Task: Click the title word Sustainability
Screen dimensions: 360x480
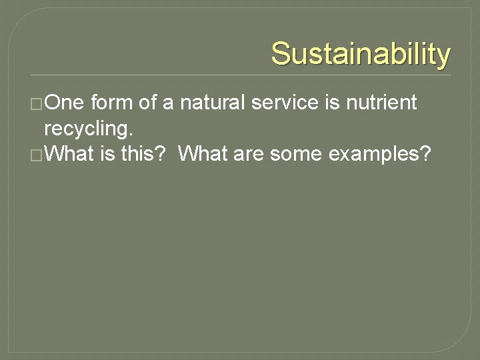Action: pyautogui.click(x=361, y=54)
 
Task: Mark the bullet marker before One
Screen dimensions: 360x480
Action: pyautogui.click(x=39, y=104)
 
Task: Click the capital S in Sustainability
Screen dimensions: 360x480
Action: pyautogui.click(x=281, y=54)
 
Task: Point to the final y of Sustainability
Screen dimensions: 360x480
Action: pyautogui.click(x=443, y=57)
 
